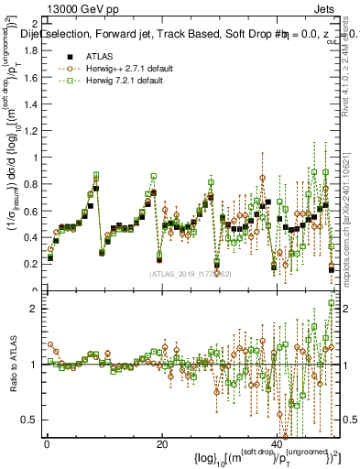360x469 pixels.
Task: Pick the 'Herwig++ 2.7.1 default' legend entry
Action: click(120, 69)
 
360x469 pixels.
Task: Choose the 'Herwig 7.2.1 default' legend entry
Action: click(117, 81)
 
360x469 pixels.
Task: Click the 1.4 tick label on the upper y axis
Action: click(29, 104)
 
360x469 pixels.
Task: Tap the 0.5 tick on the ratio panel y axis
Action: click(29, 420)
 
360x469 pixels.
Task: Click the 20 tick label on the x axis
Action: click(162, 445)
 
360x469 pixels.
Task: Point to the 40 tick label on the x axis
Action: click(278, 445)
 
